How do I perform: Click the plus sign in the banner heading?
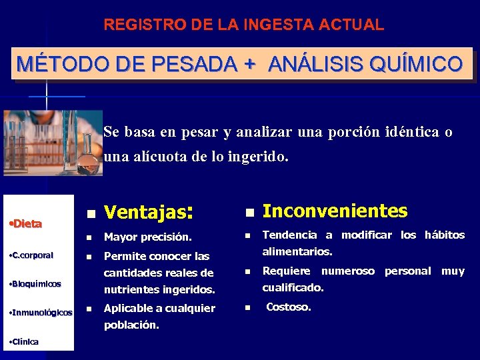[250, 65]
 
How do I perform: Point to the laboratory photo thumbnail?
[53, 143]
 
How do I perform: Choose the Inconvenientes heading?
[335, 211]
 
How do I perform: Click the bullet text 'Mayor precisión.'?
[147, 237]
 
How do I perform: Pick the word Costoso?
[288, 307]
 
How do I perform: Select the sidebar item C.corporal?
[32, 255]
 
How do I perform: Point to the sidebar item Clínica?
[25, 341]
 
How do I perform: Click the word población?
[131, 325]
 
